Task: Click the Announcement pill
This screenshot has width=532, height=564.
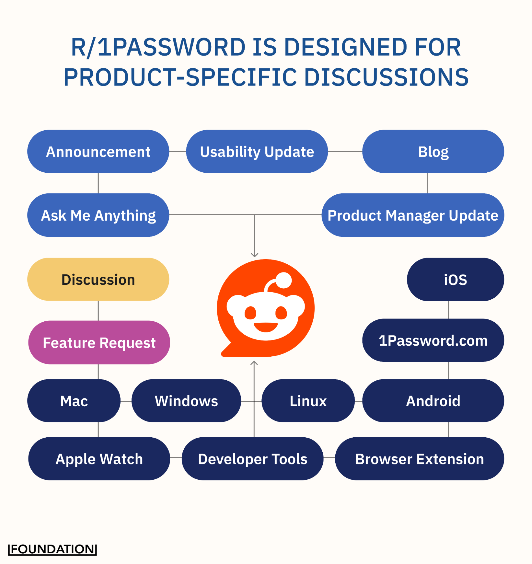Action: click(98, 152)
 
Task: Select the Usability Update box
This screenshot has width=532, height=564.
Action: click(257, 152)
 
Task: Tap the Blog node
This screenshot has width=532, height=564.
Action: click(433, 152)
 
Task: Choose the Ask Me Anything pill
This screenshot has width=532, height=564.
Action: click(98, 215)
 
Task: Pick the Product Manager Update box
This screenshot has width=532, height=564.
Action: click(412, 215)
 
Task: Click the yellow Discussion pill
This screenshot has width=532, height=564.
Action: click(98, 279)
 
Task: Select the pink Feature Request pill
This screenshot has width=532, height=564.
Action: click(99, 343)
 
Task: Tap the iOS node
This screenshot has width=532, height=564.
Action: click(455, 279)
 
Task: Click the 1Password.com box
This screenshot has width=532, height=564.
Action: click(433, 340)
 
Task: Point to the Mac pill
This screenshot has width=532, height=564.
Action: click(74, 401)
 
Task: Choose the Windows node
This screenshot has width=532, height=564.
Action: click(186, 401)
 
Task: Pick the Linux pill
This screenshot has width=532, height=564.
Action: click(308, 401)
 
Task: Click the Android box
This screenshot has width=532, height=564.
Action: click(433, 401)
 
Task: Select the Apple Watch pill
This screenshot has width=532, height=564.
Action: click(99, 459)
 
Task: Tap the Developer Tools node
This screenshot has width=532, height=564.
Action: click(252, 459)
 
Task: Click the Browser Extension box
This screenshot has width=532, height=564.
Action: click(419, 459)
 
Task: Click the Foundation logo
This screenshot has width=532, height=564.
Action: click(53, 549)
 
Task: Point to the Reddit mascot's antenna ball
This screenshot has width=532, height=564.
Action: click(283, 280)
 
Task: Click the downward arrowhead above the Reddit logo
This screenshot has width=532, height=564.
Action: click(255, 255)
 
